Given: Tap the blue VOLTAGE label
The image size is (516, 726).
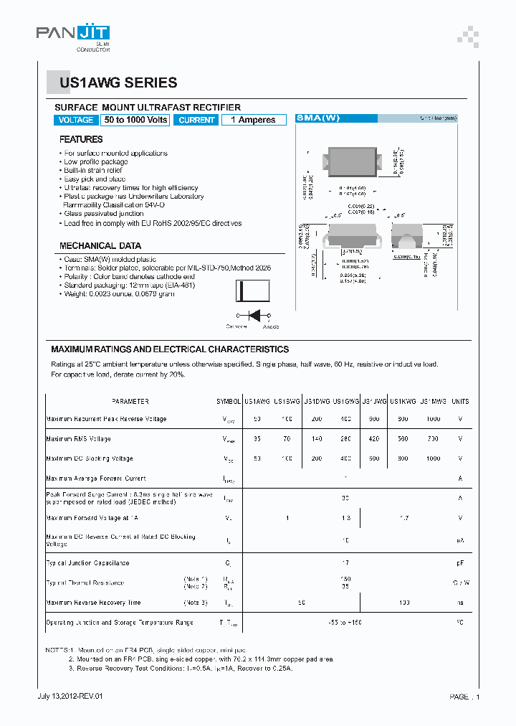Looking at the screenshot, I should pos(76,121).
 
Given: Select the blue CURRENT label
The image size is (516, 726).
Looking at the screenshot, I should pos(196,121).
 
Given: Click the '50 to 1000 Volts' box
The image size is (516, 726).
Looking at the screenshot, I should pos(135,121).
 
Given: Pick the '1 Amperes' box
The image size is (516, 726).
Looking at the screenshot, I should pos(253,121).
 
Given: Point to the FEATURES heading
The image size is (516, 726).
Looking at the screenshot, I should pos(81,139).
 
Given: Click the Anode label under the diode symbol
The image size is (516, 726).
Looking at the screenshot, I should pos(271,327).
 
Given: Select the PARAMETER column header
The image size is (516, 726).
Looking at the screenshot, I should pos(130,402).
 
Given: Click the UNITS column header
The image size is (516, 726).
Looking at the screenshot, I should pos(460,402).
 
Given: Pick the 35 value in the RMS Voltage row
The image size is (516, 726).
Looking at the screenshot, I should pos(257,439).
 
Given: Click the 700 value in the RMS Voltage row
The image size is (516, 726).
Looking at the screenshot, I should pos(434,439).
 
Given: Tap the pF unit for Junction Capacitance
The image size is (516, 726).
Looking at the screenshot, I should pos(460,563).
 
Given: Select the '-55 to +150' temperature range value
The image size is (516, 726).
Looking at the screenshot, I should pos(345,623).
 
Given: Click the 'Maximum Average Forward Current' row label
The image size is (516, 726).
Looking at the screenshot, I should pos(96,478).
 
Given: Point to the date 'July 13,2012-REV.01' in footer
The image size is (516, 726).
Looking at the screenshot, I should pos(70,697).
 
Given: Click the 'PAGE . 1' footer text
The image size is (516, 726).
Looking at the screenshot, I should pos(464,697).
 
